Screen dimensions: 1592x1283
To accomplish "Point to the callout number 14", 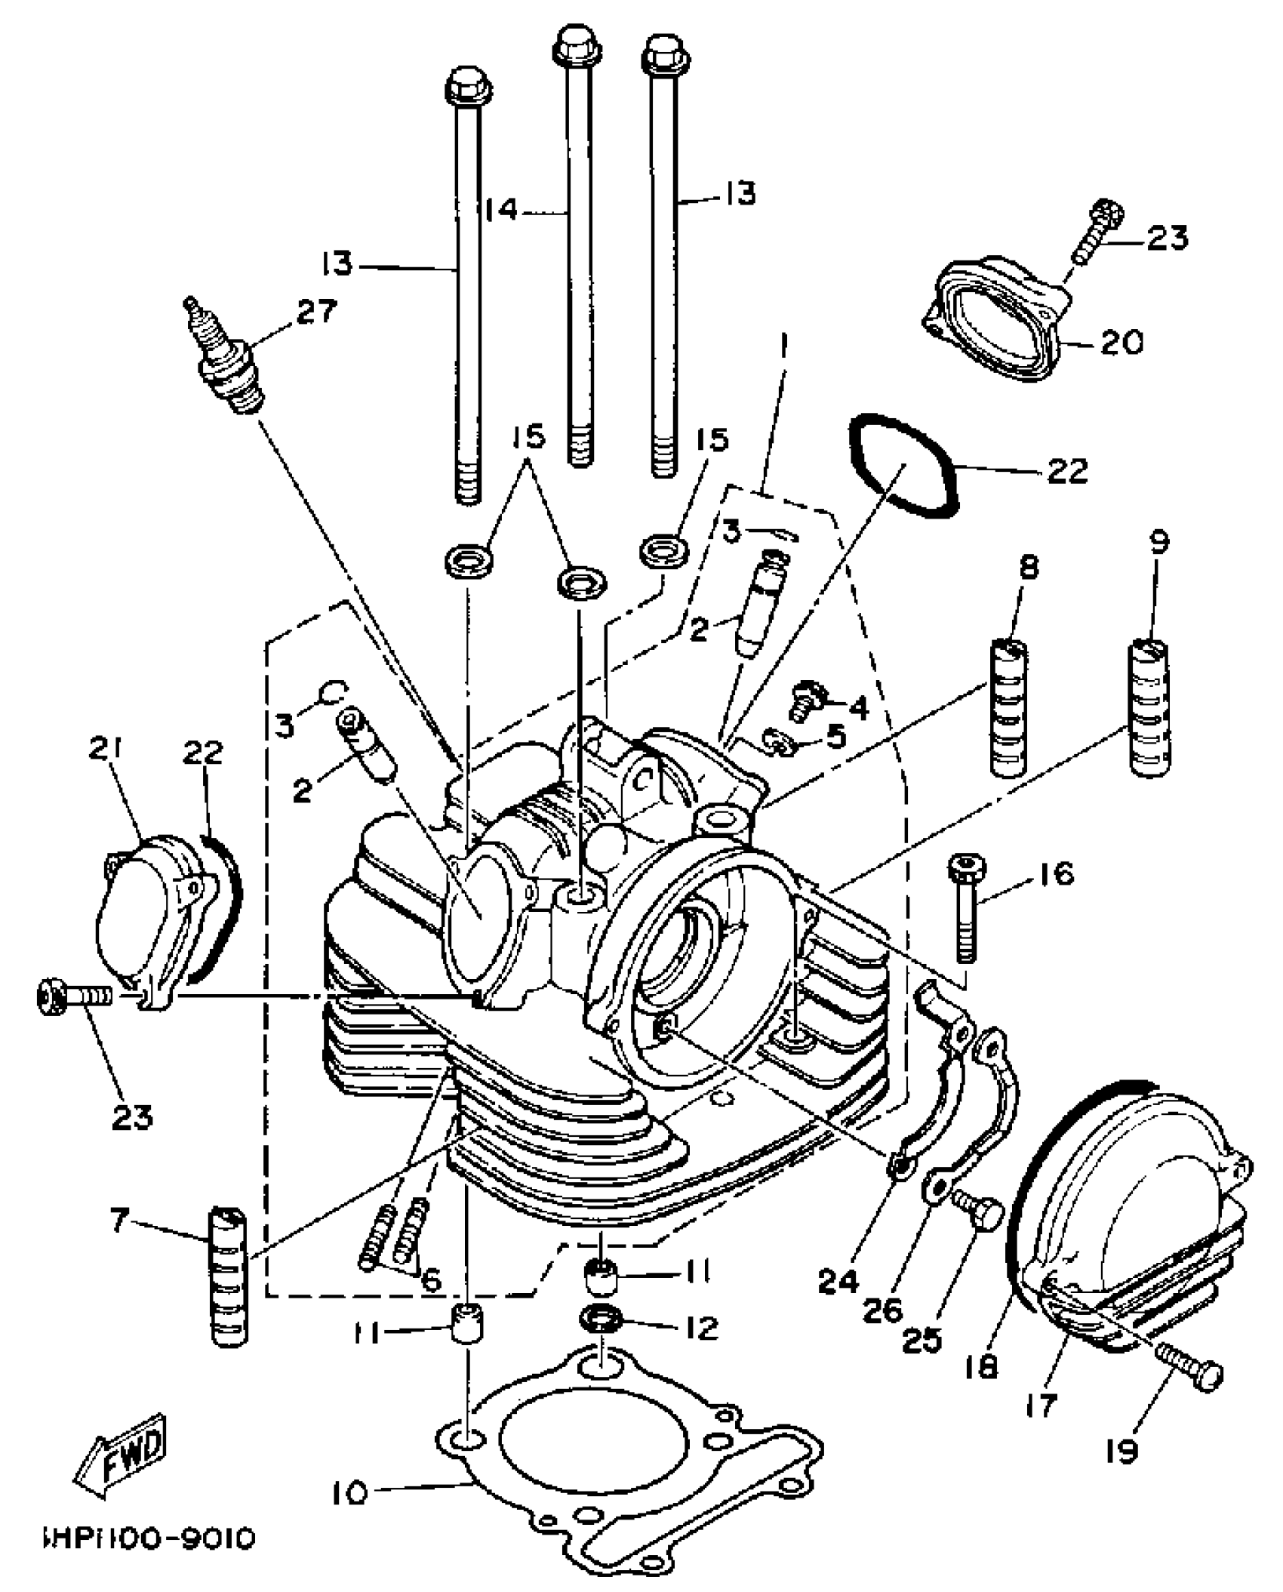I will point(502,209).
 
